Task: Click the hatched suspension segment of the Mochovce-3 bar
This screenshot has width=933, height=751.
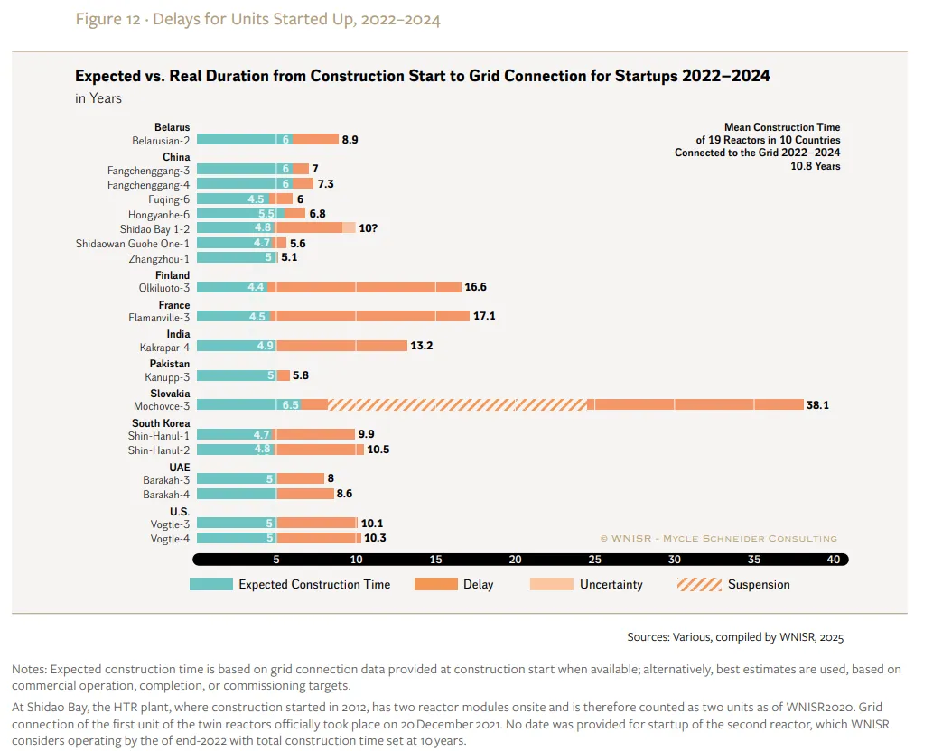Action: tap(457, 405)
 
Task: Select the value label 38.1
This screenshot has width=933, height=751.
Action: tap(817, 405)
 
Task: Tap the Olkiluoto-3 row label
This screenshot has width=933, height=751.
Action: tap(164, 288)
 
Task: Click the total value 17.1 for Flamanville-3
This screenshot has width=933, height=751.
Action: tap(484, 316)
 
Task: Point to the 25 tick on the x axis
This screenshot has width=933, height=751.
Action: tap(594, 560)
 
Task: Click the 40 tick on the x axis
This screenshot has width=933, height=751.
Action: tap(833, 560)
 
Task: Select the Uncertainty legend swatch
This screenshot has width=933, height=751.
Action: tap(552, 584)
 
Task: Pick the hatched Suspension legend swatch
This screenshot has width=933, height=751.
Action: tap(699, 584)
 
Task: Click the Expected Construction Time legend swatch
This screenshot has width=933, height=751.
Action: tap(211, 584)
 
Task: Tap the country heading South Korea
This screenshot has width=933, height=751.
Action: tap(161, 422)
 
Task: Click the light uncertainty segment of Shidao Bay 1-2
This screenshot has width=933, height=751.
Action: tap(349, 227)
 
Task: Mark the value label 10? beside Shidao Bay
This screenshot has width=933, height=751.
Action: tap(368, 228)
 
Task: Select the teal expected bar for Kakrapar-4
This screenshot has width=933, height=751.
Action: tap(237, 346)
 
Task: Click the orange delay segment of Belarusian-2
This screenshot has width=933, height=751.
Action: tap(315, 139)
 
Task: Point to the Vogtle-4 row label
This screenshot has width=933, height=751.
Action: tap(170, 539)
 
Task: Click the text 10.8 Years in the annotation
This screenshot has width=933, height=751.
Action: tap(816, 166)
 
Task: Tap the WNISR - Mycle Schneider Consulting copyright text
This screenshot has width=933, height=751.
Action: tap(718, 538)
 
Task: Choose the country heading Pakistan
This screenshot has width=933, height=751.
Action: tap(170, 363)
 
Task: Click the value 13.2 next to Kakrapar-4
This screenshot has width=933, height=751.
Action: tap(421, 346)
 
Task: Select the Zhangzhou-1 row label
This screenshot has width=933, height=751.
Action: tap(159, 259)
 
